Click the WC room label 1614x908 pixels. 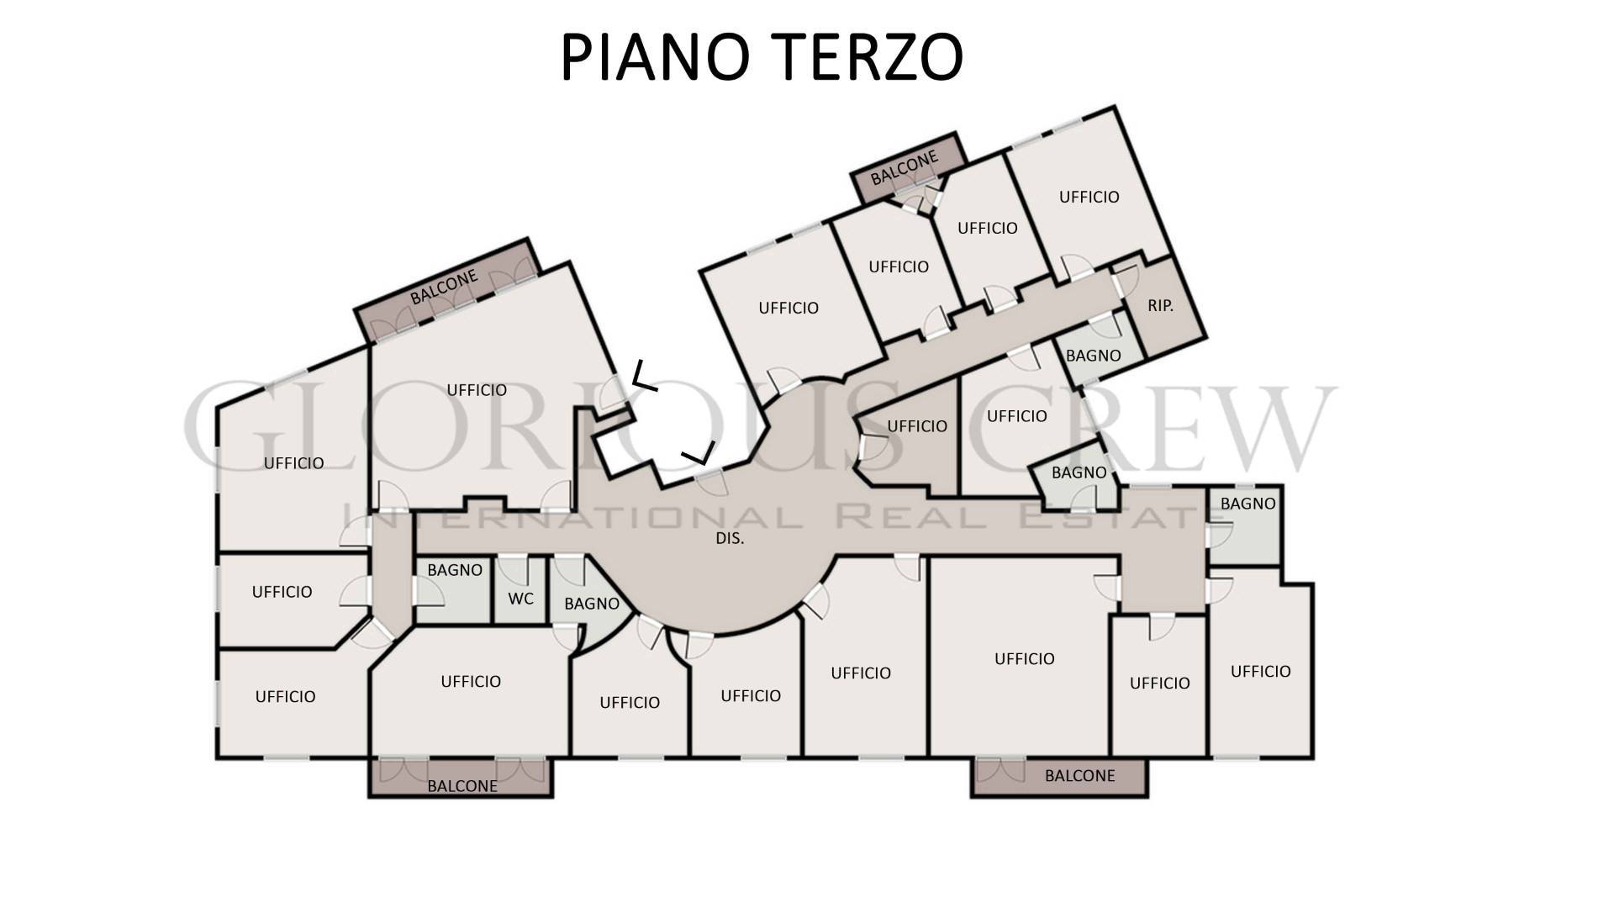(521, 599)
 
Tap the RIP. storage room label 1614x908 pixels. (1160, 306)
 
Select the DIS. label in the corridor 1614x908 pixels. (730, 538)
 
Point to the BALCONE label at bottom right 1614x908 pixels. (1079, 775)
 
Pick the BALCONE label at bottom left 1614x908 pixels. (462, 786)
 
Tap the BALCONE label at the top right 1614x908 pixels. (905, 168)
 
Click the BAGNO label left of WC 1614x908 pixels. (455, 570)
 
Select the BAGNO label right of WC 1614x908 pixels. (592, 604)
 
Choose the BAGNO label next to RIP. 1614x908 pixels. (1093, 356)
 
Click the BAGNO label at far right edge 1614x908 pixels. (1248, 504)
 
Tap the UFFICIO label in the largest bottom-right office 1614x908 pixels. (1024, 659)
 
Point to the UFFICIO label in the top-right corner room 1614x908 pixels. (1089, 197)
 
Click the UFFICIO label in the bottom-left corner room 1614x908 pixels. (285, 697)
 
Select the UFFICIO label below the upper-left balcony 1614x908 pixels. (477, 390)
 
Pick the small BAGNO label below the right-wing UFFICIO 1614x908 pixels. (1079, 472)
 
